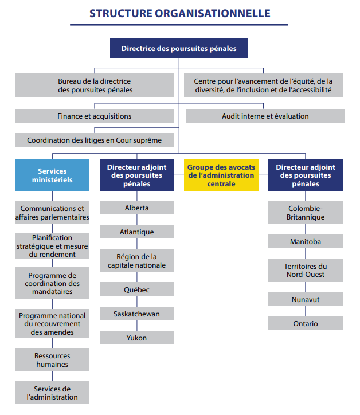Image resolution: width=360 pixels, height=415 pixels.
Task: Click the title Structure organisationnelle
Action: click(179, 13)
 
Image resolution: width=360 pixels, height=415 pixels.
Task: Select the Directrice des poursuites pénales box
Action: click(179, 49)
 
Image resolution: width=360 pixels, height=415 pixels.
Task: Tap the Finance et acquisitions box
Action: click(95, 116)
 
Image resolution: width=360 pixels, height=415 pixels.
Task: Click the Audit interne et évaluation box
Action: click(265, 116)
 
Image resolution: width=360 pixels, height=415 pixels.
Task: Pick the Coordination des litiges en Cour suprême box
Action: click(95, 140)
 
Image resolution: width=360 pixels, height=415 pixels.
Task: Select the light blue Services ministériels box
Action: click(52, 175)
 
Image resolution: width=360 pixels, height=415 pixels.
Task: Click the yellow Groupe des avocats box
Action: click(221, 175)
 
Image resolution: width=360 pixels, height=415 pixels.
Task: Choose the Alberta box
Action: click(137, 207)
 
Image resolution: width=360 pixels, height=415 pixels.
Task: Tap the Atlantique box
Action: click(137, 232)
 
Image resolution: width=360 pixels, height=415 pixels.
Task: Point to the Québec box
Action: click(137, 289)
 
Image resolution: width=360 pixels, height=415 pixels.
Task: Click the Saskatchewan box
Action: click(137, 314)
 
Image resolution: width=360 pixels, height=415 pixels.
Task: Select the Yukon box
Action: click(137, 338)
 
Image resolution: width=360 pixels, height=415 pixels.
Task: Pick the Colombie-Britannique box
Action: click(306, 213)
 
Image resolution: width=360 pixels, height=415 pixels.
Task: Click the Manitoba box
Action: click(306, 241)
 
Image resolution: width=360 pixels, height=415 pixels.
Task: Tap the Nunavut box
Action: click(306, 299)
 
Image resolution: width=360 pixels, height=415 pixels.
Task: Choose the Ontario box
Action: click(306, 323)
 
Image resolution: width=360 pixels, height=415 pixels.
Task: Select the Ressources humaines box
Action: click(52, 360)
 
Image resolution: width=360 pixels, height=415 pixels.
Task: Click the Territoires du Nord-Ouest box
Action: click(306, 270)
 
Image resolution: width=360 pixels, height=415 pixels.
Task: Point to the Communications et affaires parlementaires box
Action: click(52, 213)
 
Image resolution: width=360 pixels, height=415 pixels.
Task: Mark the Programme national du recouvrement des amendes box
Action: click(52, 323)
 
